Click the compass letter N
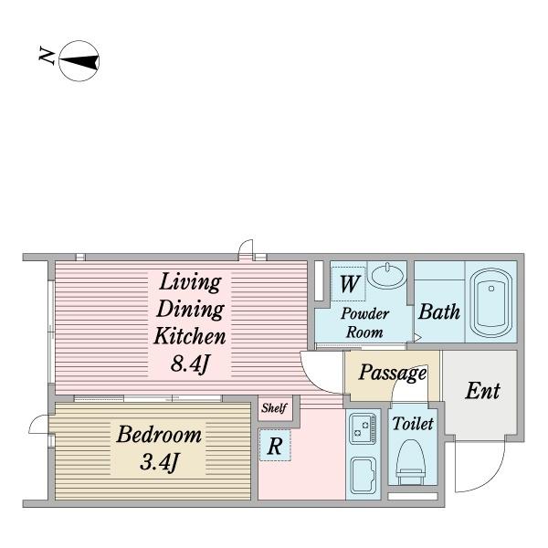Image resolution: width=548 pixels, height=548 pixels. pyautogui.click(x=47, y=56)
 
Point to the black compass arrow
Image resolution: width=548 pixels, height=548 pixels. pyautogui.click(x=79, y=61)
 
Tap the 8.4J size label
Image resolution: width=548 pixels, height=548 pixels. pyautogui.click(x=190, y=364)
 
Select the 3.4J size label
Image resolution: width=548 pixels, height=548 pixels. pyautogui.click(x=159, y=462)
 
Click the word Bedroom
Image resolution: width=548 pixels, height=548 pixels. pyautogui.click(x=159, y=435)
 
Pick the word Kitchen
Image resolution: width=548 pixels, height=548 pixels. pyautogui.click(x=190, y=336)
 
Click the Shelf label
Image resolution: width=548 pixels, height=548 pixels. pyautogui.click(x=274, y=407)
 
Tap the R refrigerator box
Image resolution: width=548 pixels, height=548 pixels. pyautogui.click(x=275, y=445)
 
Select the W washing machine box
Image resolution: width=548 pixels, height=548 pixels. pyautogui.click(x=349, y=283)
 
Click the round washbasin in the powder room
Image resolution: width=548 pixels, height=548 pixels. pyautogui.click(x=387, y=276)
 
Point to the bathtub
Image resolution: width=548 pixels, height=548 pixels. pyautogui.click(x=491, y=302)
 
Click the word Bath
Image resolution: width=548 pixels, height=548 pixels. pyautogui.click(x=439, y=311)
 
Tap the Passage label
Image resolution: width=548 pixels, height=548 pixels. pyautogui.click(x=393, y=373)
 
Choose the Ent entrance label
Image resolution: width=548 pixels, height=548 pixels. pyautogui.click(x=482, y=391)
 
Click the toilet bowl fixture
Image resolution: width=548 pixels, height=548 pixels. pyautogui.click(x=411, y=458)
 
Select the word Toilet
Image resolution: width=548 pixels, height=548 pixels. pyautogui.click(x=413, y=424)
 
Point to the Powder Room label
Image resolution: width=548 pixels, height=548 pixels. pyautogui.click(x=364, y=322)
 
